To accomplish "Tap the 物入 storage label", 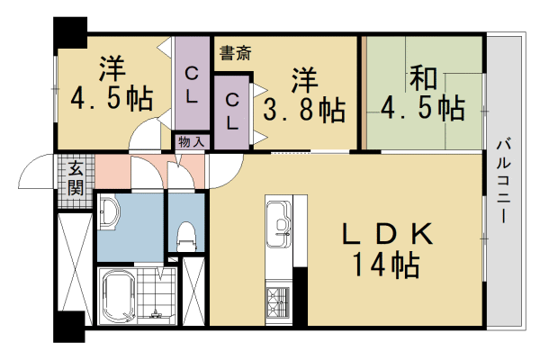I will (191, 142).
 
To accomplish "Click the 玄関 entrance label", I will (76, 177).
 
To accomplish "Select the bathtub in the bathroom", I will (117, 295).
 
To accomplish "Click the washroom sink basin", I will (107, 213).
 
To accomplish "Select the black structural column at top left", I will (69, 31).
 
